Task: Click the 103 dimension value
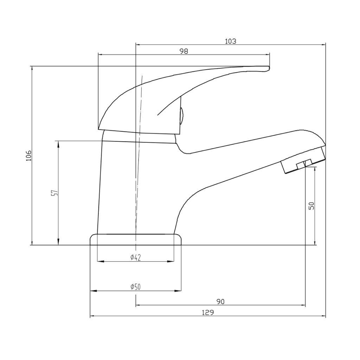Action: click(x=231, y=41)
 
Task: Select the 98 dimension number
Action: click(x=184, y=51)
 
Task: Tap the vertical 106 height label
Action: click(x=29, y=155)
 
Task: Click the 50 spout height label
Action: click(x=311, y=205)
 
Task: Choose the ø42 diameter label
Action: click(x=135, y=257)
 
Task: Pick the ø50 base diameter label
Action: click(x=135, y=287)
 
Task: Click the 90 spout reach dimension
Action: click(x=220, y=301)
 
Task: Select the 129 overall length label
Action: click(x=208, y=313)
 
